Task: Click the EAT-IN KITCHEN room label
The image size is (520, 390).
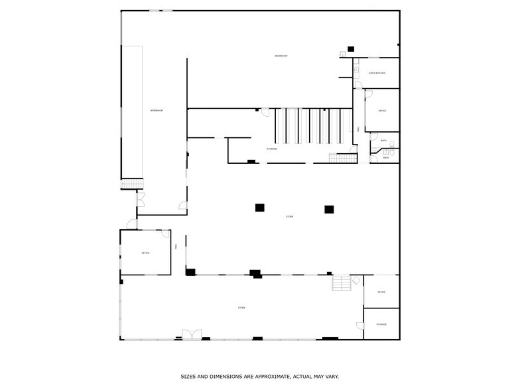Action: tap(377, 73)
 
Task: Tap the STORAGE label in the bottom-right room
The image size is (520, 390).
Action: tap(381, 324)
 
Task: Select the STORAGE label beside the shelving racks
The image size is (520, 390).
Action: tap(272, 149)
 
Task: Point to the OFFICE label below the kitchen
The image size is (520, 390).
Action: tap(382, 111)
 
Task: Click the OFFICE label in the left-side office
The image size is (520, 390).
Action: tap(145, 253)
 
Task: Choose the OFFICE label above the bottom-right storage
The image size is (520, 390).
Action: tap(381, 292)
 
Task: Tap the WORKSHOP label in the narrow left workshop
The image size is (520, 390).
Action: tap(157, 110)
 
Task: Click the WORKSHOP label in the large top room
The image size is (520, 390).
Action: tap(281, 56)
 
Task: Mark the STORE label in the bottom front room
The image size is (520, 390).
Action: tap(241, 308)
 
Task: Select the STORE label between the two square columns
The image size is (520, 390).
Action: tap(289, 217)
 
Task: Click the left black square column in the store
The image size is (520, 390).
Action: tap(260, 208)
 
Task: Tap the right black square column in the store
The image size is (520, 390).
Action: tap(329, 209)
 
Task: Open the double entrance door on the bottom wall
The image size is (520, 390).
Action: tap(192, 335)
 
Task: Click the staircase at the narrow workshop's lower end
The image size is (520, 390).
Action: tap(132, 184)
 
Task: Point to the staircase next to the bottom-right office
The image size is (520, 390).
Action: tap(341, 283)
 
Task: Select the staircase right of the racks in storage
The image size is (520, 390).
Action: tap(342, 157)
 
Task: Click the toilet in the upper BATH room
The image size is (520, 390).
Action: tap(393, 144)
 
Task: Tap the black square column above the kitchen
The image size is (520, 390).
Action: tap(351, 48)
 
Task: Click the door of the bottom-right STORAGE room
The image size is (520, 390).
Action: tap(360, 326)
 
